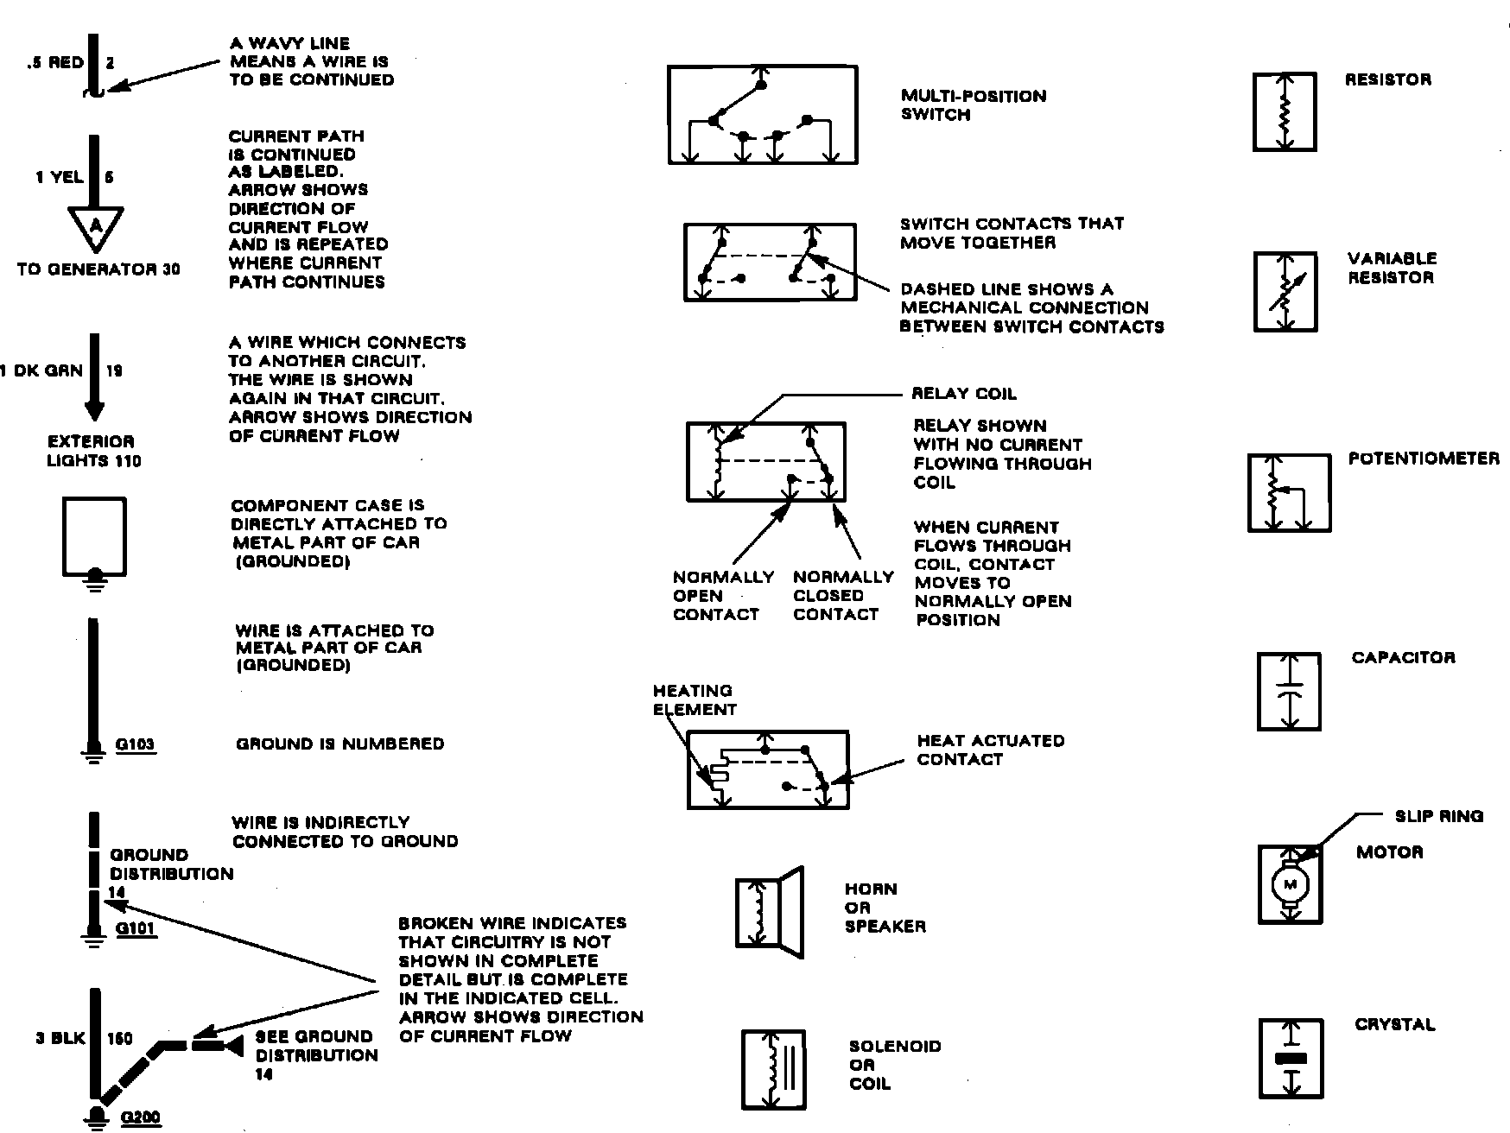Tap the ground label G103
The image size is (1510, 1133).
tap(135, 744)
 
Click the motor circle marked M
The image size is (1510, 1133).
tap(1291, 884)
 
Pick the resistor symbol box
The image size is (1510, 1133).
tap(1285, 112)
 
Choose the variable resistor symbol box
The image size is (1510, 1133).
tap(1285, 292)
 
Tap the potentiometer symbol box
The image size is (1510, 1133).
tap(1289, 493)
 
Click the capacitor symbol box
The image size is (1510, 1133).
tap(1288, 692)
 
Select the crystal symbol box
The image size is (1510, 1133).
tap(1291, 1058)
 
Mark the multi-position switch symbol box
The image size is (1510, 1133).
tap(762, 114)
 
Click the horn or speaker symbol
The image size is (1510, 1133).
tap(769, 912)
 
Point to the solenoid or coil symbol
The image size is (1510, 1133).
tap(773, 1069)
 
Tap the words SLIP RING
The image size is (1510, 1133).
tap(1438, 816)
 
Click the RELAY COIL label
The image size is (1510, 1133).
tap(964, 394)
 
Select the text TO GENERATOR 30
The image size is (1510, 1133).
tap(98, 269)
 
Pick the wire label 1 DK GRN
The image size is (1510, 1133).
tap(41, 370)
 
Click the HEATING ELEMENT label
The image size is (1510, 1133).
tap(695, 699)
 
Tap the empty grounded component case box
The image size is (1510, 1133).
tap(94, 536)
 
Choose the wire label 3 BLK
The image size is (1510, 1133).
tap(60, 1038)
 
